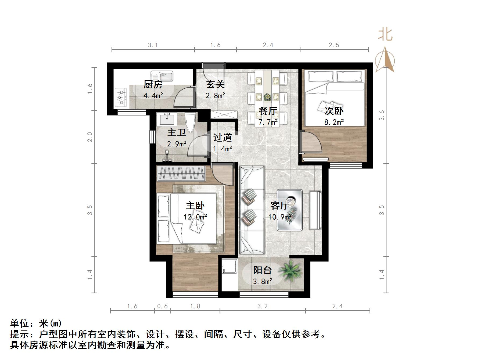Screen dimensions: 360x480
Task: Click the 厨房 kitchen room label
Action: (x=153, y=85)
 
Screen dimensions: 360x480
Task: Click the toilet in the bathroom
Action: (x=191, y=123)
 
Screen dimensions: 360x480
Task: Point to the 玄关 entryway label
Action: (x=215, y=85)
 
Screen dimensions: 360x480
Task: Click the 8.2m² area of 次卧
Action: (x=334, y=122)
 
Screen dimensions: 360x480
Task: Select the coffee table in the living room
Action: (x=290, y=210)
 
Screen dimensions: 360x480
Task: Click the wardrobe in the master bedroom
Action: (x=181, y=173)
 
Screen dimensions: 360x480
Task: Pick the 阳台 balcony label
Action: (x=263, y=270)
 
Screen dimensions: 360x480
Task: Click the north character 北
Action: (x=385, y=35)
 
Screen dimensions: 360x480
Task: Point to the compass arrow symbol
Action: (x=385, y=60)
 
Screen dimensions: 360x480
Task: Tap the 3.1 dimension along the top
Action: (x=153, y=45)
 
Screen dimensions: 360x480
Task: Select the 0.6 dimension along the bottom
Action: (x=162, y=306)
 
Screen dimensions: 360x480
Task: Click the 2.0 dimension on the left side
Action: (x=90, y=137)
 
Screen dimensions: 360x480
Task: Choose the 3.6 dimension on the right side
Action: (x=382, y=116)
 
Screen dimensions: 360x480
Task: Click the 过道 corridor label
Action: (x=222, y=138)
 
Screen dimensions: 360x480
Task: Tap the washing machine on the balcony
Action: (x=229, y=266)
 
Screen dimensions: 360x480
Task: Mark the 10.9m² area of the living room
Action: (x=280, y=217)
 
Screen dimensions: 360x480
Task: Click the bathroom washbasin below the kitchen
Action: (x=167, y=119)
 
